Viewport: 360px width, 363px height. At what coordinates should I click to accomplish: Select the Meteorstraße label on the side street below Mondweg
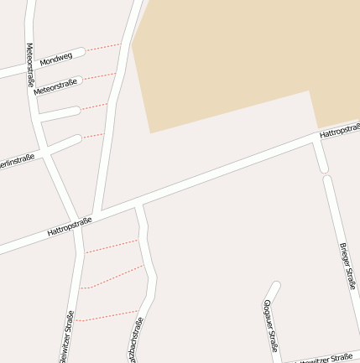[55, 86]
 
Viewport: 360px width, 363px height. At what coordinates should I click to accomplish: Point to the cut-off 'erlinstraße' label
[17, 161]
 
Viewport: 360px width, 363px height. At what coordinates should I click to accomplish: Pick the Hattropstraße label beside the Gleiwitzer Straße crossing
[69, 226]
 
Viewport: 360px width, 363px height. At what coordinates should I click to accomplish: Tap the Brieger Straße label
[347, 266]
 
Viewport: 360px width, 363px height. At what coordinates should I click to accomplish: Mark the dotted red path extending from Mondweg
[102, 47]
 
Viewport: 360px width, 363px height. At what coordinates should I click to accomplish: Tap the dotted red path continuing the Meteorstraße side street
[99, 76]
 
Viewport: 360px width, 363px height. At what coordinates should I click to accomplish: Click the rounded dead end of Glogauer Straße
[274, 287]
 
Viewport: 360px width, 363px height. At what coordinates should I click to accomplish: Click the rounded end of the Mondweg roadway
[81, 52]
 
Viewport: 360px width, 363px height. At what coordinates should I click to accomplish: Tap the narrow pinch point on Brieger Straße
[325, 174]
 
